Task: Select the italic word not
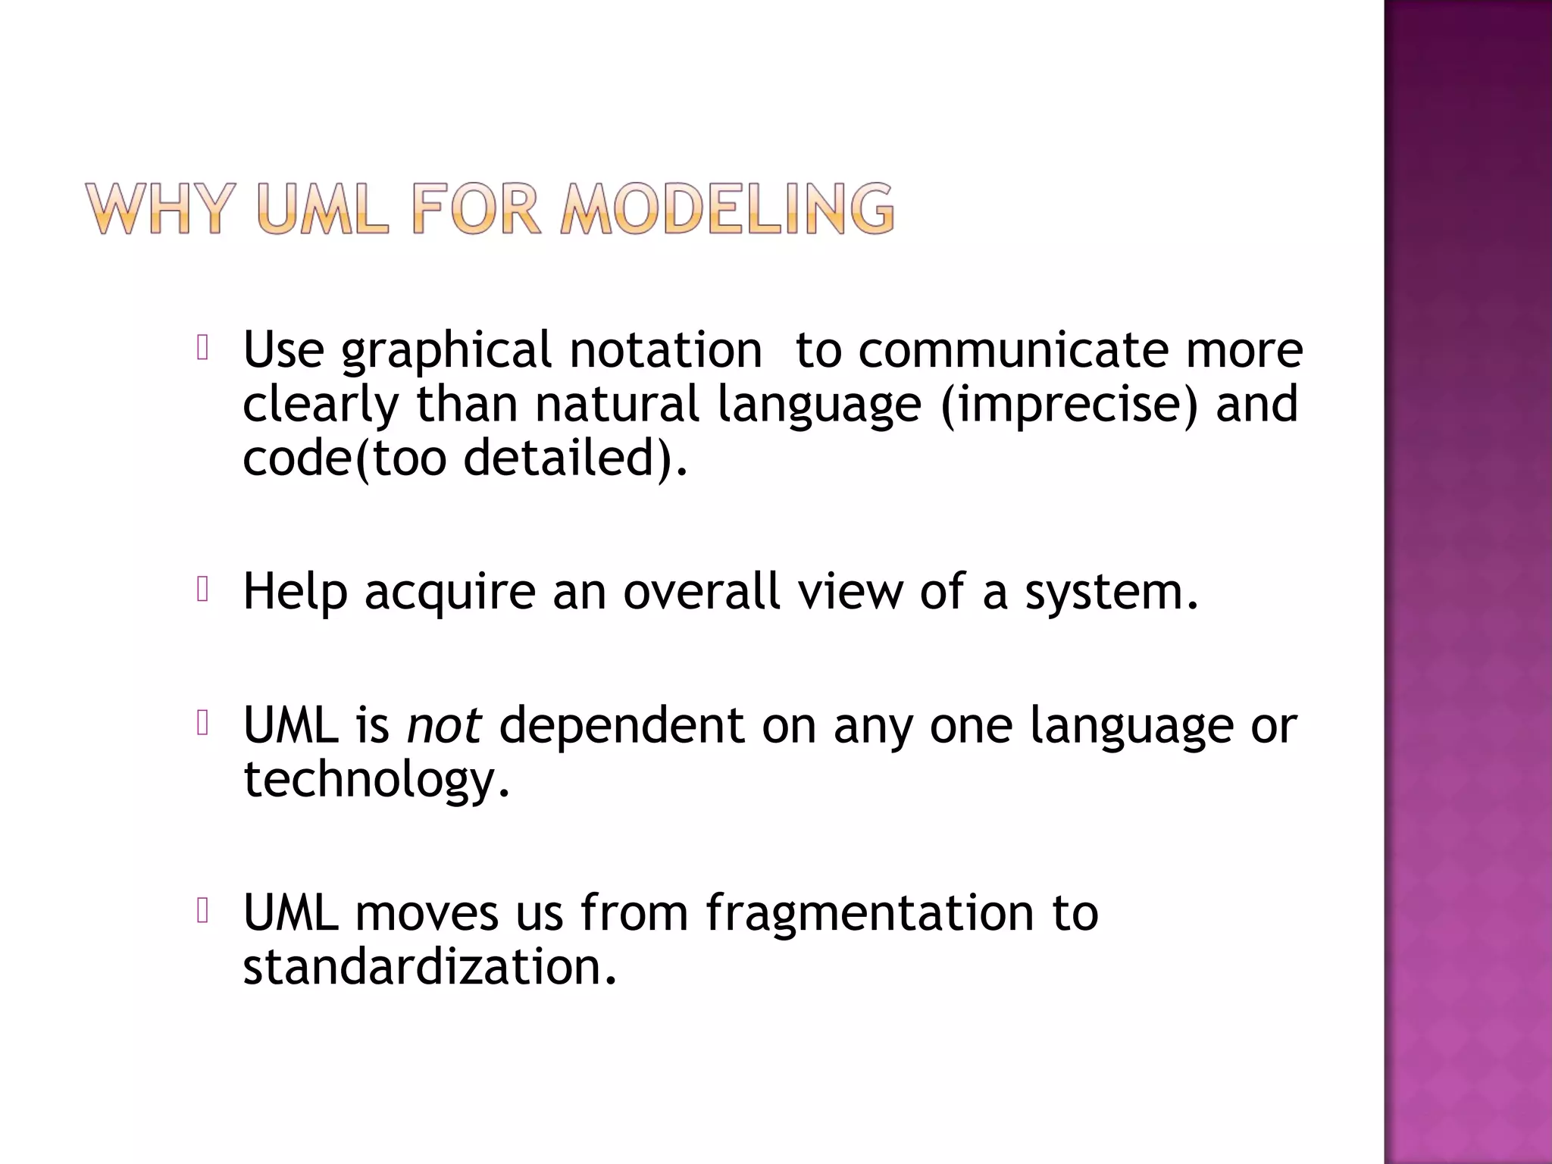click(444, 724)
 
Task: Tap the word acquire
click(450, 592)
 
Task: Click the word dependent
click(621, 724)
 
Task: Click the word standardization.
click(430, 967)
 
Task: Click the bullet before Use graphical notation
click(202, 348)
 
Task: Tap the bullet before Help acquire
click(202, 589)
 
